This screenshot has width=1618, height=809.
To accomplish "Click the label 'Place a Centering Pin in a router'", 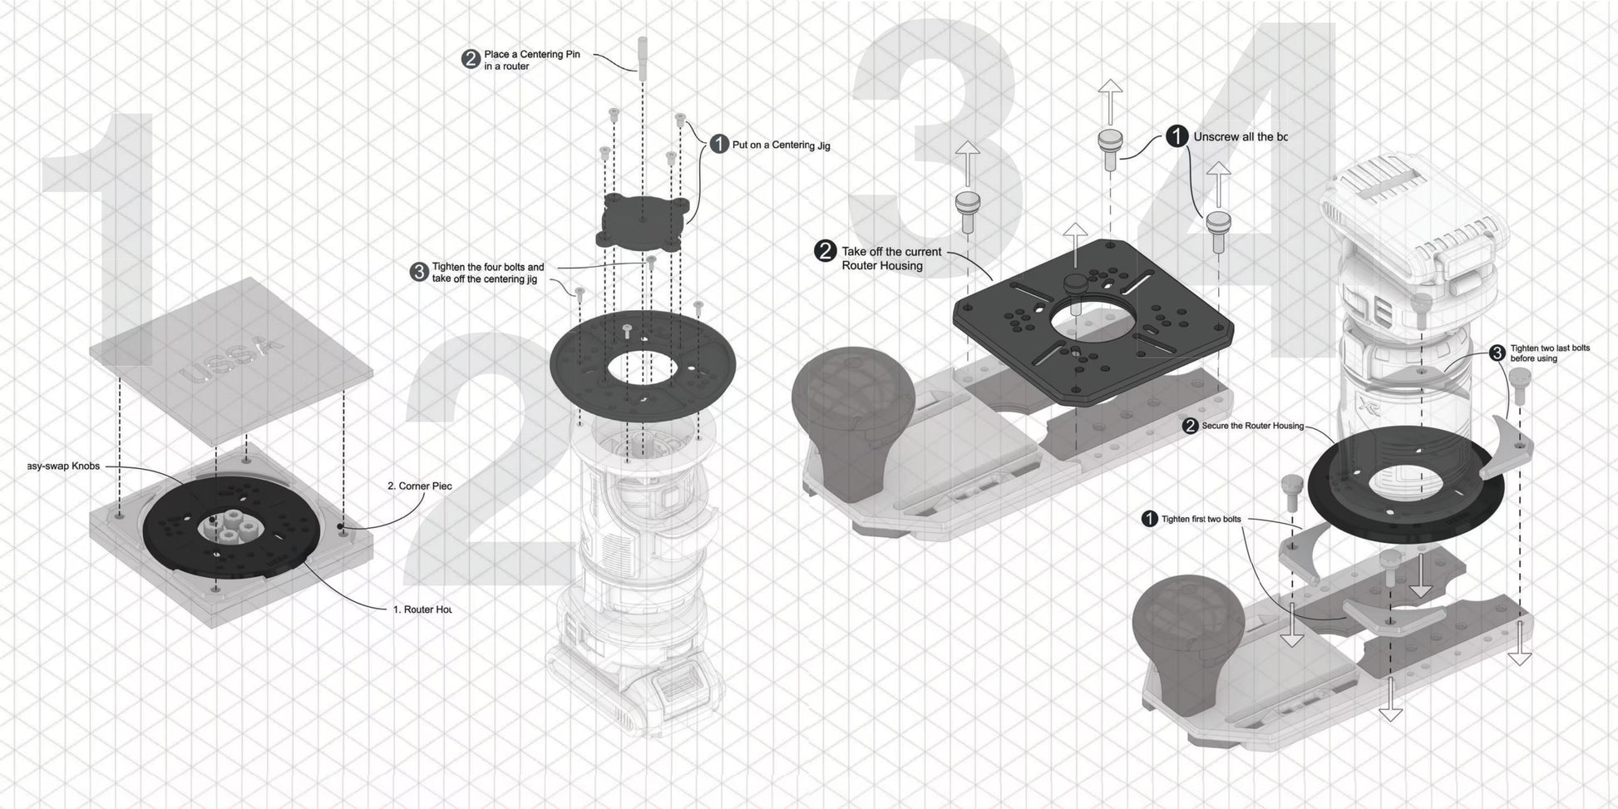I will click(x=532, y=60).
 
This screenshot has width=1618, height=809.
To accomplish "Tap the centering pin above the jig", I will click(x=642, y=55).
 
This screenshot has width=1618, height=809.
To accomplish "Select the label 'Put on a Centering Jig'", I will click(x=781, y=146).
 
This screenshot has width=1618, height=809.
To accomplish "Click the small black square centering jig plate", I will click(x=644, y=220).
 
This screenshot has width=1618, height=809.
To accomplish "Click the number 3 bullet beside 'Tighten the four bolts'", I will click(x=419, y=272).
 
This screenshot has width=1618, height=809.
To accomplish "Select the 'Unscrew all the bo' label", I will click(x=1240, y=136).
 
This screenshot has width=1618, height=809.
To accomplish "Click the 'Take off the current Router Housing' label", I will click(x=891, y=259).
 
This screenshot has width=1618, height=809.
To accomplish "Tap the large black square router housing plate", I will click(x=1147, y=333).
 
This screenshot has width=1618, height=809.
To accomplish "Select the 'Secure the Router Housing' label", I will click(x=1252, y=426).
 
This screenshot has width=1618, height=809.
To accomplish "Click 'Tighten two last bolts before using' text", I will click(x=1550, y=353).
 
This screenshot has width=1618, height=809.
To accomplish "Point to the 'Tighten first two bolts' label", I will click(x=1201, y=519).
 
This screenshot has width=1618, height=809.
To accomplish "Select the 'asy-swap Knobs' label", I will click(x=63, y=466).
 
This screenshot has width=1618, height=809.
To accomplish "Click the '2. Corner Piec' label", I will click(x=420, y=486).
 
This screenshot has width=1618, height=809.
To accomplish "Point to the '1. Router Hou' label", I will click(x=422, y=609).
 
